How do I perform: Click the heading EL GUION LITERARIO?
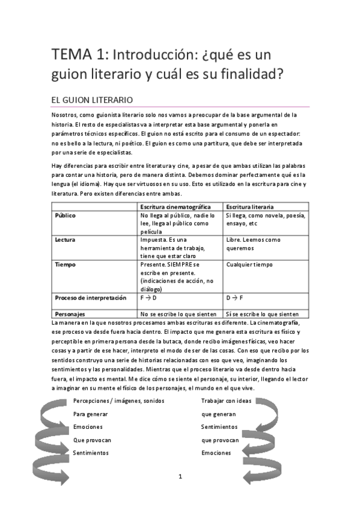click(92, 99)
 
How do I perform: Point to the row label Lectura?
click(65, 239)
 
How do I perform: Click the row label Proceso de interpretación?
click(91, 297)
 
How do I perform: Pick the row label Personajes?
click(70, 313)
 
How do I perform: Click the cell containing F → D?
click(148, 297)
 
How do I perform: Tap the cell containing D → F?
click(235, 297)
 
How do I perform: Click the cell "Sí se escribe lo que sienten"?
click(263, 313)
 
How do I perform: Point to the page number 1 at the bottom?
click(180, 476)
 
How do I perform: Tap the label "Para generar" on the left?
click(90, 414)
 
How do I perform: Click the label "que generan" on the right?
click(218, 414)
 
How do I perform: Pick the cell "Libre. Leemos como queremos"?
click(253, 243)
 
